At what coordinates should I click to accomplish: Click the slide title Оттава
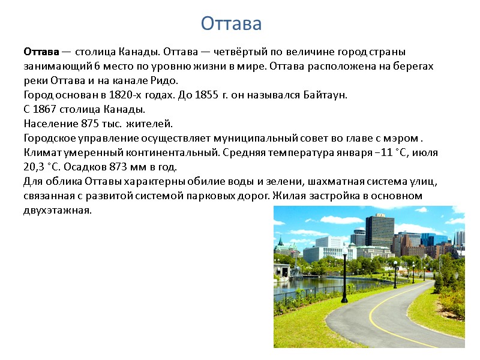tap(231, 23)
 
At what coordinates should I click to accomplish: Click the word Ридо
tap(167, 80)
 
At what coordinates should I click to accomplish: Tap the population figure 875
tap(89, 124)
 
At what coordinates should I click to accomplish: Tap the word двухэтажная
tap(58, 210)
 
